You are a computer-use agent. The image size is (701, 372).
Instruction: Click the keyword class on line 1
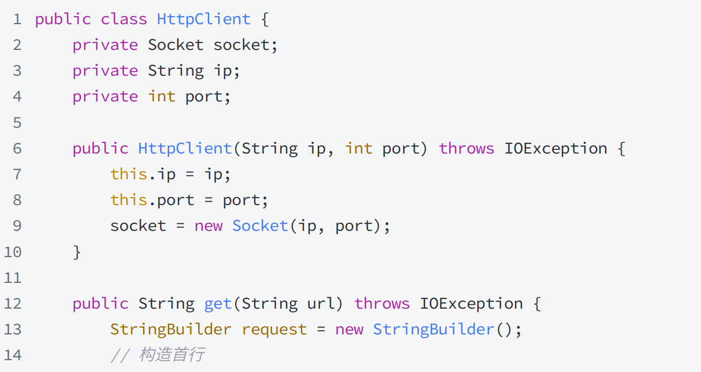pos(123,19)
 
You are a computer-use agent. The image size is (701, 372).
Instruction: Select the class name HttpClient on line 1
pos(204,19)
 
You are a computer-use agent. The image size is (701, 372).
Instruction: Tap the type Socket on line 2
pos(175,45)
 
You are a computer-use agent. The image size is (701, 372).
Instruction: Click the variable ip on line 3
pos(223,71)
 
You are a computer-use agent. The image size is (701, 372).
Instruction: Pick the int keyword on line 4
pos(161,97)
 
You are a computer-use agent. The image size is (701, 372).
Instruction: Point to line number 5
pos(17,123)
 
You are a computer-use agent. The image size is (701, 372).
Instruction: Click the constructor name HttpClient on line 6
pos(185,148)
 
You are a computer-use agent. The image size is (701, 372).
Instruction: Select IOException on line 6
pos(555,148)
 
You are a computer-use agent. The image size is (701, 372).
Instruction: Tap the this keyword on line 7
pos(129,174)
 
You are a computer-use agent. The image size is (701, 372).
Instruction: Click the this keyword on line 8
pos(129,200)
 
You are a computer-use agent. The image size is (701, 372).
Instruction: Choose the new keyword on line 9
pos(208,225)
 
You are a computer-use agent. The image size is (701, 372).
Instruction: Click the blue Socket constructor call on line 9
pos(260,225)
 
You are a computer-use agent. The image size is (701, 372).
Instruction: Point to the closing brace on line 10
pos(77,251)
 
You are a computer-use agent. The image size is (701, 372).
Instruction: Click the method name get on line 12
pos(218,304)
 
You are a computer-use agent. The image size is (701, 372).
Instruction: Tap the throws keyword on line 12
pos(382,304)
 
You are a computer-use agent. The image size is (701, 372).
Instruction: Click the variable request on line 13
pos(274,329)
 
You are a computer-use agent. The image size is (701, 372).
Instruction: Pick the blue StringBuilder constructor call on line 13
pos(433,329)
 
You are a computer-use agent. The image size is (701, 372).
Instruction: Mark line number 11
pos(13,278)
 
